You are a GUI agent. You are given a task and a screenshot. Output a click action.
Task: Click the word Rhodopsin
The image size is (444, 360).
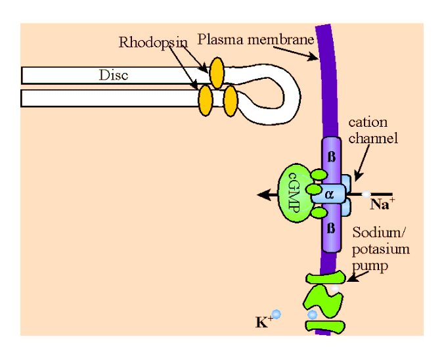pos(153,43)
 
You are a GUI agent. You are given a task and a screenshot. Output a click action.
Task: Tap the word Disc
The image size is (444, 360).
pos(113,75)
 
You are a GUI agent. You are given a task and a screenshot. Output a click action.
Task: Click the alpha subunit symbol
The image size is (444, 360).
pos(330,194)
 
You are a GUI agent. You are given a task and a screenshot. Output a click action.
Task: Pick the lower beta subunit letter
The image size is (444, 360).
pos(331,229)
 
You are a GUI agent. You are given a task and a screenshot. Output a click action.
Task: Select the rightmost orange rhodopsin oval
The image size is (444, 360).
pos(230,101)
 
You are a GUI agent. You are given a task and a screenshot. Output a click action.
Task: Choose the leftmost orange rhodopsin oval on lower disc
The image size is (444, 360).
pos(206,101)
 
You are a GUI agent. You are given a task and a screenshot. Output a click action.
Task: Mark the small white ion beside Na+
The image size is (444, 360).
pos(365,194)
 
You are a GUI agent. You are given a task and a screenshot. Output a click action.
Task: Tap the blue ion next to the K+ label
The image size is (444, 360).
pos(277,315)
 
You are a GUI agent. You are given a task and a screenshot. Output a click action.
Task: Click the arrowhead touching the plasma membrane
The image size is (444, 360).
pos(317,59)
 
